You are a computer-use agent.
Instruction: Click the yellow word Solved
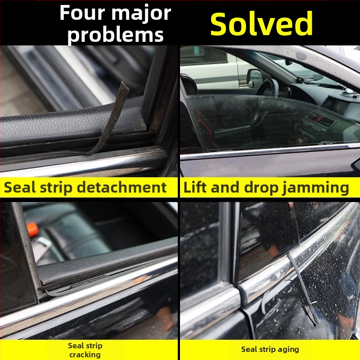pos(261,24)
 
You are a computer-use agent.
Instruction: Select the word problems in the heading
pos(116,35)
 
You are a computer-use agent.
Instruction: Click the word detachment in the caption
pos(121,187)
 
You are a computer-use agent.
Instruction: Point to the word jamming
pos(316,188)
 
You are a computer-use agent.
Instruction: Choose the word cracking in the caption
pos(85,355)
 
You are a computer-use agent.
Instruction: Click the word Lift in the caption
pos(195,187)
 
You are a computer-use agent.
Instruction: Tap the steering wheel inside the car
pos(267,87)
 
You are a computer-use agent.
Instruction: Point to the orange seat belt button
pos(32,229)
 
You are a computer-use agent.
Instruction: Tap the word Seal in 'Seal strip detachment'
pos(20,187)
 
